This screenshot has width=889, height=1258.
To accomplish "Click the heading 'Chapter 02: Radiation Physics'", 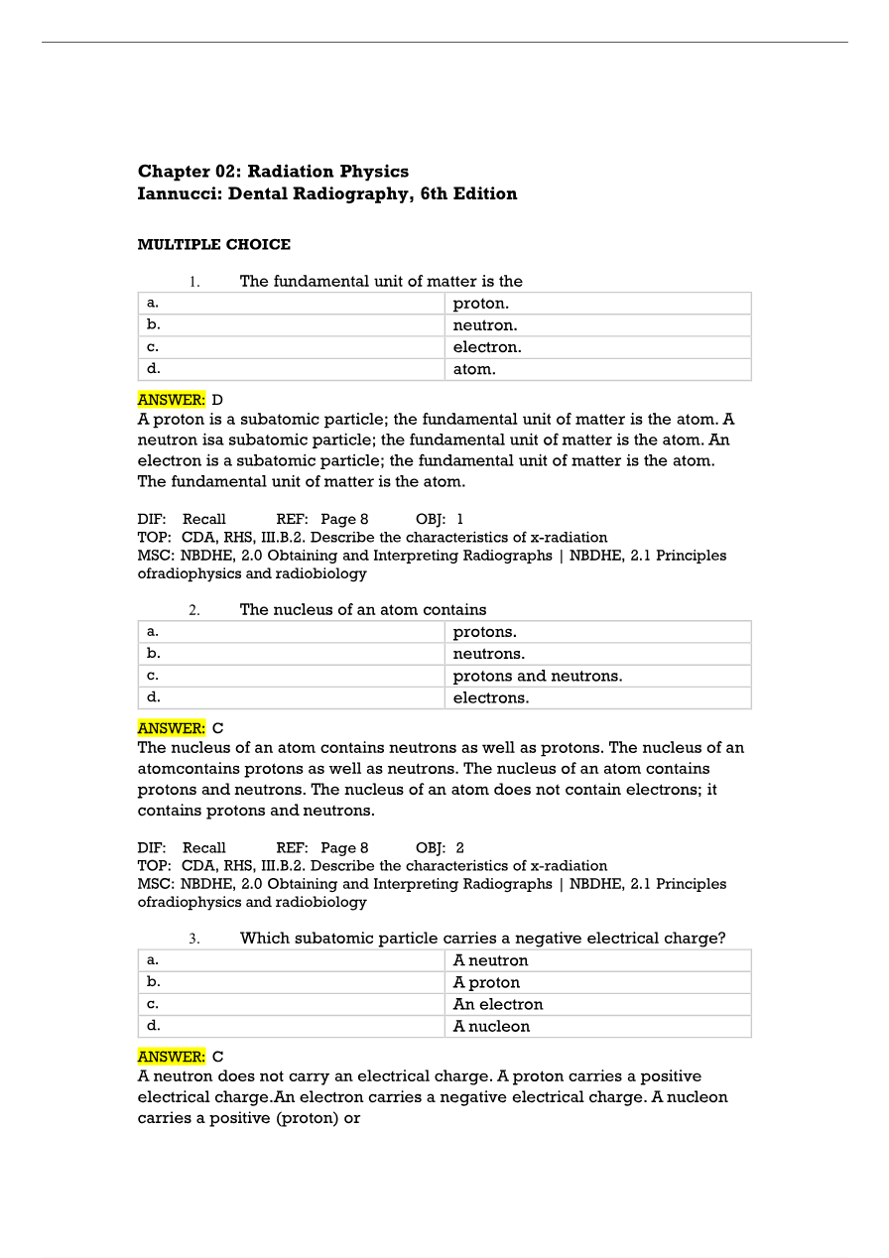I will point(273,172).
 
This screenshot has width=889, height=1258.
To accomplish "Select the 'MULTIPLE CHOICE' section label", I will point(213,244).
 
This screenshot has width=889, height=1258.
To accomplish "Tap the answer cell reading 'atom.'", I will point(473,369).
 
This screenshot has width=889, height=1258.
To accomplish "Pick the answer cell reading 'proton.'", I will point(480,304).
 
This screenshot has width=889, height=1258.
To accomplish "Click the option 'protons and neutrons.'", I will point(537,676).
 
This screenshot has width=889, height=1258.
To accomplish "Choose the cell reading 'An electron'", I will point(497,1004).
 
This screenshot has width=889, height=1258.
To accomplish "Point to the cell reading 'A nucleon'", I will point(491,1026).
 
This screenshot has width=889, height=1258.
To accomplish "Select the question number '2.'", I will point(194,610).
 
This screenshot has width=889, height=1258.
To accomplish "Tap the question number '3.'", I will point(194,939).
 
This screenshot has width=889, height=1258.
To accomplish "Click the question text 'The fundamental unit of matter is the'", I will point(381,281).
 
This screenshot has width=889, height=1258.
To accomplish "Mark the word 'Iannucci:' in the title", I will point(180,194).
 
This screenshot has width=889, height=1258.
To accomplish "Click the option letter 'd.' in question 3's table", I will point(153,1025).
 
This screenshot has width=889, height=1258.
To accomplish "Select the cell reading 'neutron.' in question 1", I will point(485,325).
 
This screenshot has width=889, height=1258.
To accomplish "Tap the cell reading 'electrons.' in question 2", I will point(490,697).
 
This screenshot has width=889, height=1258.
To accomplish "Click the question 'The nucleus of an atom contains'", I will point(363,609).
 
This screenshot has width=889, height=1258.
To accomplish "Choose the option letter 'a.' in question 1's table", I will point(152,303).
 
